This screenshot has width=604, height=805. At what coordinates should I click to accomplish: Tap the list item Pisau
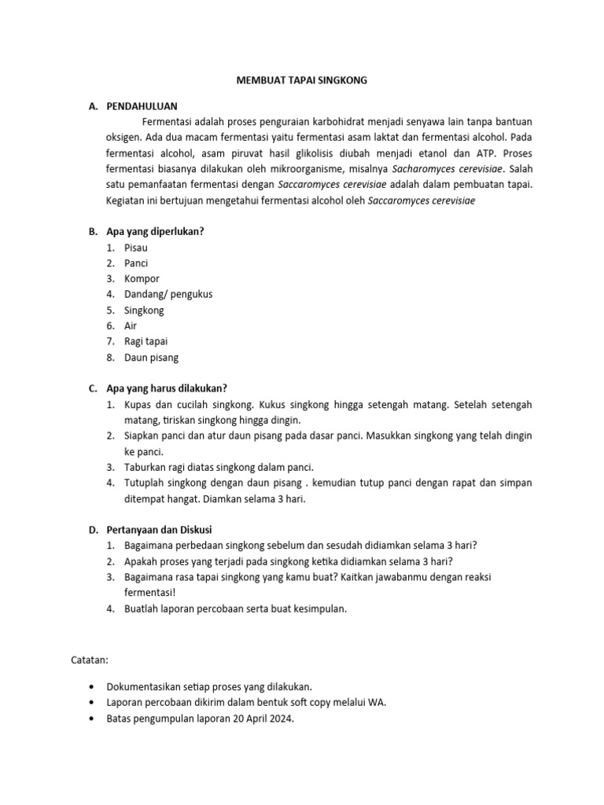coord(136,248)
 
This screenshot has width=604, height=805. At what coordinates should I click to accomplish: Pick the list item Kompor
coord(142,279)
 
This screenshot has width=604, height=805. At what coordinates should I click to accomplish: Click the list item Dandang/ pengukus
coord(168,294)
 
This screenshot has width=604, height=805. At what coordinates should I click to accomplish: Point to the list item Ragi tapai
coord(145,341)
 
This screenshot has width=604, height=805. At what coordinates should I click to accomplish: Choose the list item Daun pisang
coord(151,358)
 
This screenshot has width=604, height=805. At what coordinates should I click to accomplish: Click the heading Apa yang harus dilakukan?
coord(166,388)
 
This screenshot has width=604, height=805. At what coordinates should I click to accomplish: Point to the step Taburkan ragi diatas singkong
coord(219,467)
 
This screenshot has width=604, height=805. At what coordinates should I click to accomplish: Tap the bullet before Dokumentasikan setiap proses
coord(95,686)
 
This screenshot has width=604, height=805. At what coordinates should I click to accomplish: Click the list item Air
coord(131,325)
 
